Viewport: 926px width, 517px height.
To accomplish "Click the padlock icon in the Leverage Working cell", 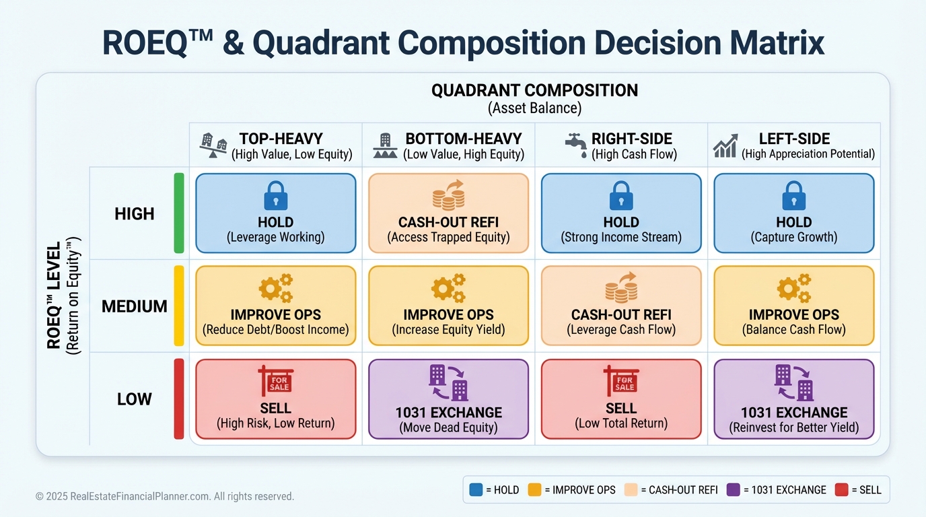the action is (x=276, y=195).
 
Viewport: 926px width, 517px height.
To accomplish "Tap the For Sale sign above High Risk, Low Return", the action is (x=276, y=380).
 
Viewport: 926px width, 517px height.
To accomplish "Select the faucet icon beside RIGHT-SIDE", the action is (x=576, y=145).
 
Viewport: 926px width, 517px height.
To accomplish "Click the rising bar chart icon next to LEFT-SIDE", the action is (x=725, y=145).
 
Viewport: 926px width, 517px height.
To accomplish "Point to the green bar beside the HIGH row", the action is (x=179, y=213).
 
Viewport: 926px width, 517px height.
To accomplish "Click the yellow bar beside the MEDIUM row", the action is (x=179, y=306).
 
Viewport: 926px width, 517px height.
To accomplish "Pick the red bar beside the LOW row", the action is (x=179, y=399).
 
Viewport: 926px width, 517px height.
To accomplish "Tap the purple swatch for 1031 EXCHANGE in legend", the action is (x=733, y=489).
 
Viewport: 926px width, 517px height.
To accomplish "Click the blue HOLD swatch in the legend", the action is (x=476, y=489).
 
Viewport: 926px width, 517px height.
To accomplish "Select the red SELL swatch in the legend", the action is (x=841, y=489).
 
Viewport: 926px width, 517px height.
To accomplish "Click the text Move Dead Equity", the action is (x=448, y=427).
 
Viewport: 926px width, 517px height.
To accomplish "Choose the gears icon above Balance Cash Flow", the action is (x=794, y=288).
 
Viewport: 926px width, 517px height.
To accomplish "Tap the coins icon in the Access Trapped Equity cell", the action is (x=448, y=195).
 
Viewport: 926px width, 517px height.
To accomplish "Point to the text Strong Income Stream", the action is (x=621, y=237).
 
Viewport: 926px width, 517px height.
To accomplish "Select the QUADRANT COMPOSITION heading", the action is (x=534, y=91).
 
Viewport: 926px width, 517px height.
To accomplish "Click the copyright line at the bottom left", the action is (x=164, y=496).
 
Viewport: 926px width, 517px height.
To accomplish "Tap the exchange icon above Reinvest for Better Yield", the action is (x=794, y=382).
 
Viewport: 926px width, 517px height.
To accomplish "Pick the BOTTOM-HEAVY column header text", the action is (x=464, y=139).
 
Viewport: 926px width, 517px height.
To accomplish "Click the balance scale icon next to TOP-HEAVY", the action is (x=213, y=145).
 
